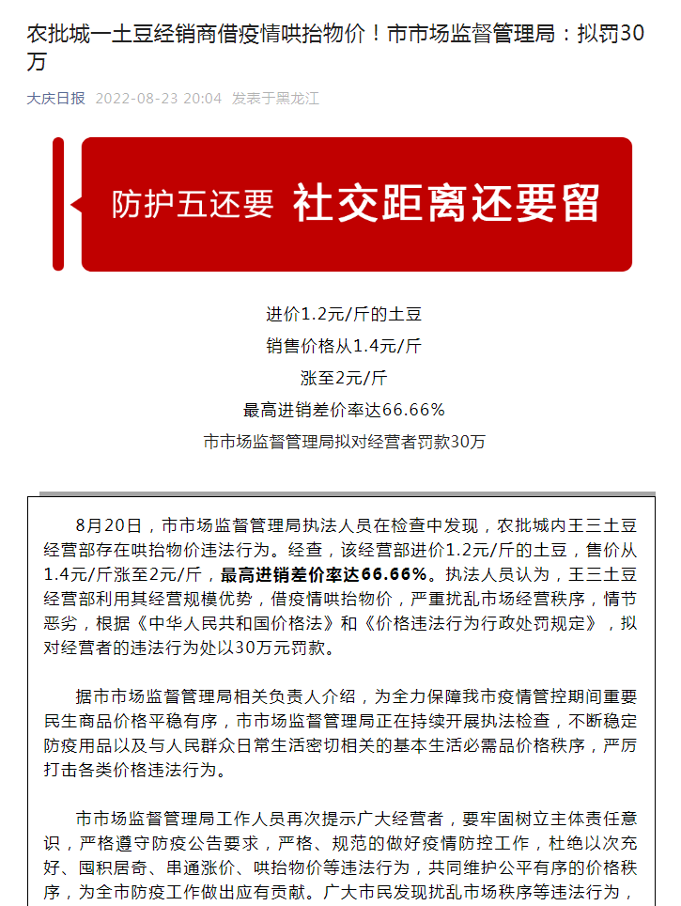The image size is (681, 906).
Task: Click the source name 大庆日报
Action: coord(55,98)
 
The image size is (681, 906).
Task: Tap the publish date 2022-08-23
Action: coord(140,98)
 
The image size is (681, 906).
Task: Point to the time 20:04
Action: coord(205,98)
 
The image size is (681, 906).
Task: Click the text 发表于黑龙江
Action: coord(275,98)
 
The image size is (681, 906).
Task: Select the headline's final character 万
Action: coord(35,64)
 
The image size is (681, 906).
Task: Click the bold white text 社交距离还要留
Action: coord(446,203)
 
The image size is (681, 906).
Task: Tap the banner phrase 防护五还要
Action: coord(193,204)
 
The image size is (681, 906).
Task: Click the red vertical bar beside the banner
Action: coord(58,204)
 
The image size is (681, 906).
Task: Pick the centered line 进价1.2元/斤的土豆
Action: coord(337,314)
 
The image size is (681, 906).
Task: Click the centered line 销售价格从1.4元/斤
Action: coord(344,346)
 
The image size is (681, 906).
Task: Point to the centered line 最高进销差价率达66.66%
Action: coord(344,410)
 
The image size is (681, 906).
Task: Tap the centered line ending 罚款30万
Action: coord(344,442)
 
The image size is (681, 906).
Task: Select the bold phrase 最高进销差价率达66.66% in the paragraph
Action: coord(324,573)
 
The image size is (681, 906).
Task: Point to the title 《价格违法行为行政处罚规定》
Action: coord(477,622)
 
